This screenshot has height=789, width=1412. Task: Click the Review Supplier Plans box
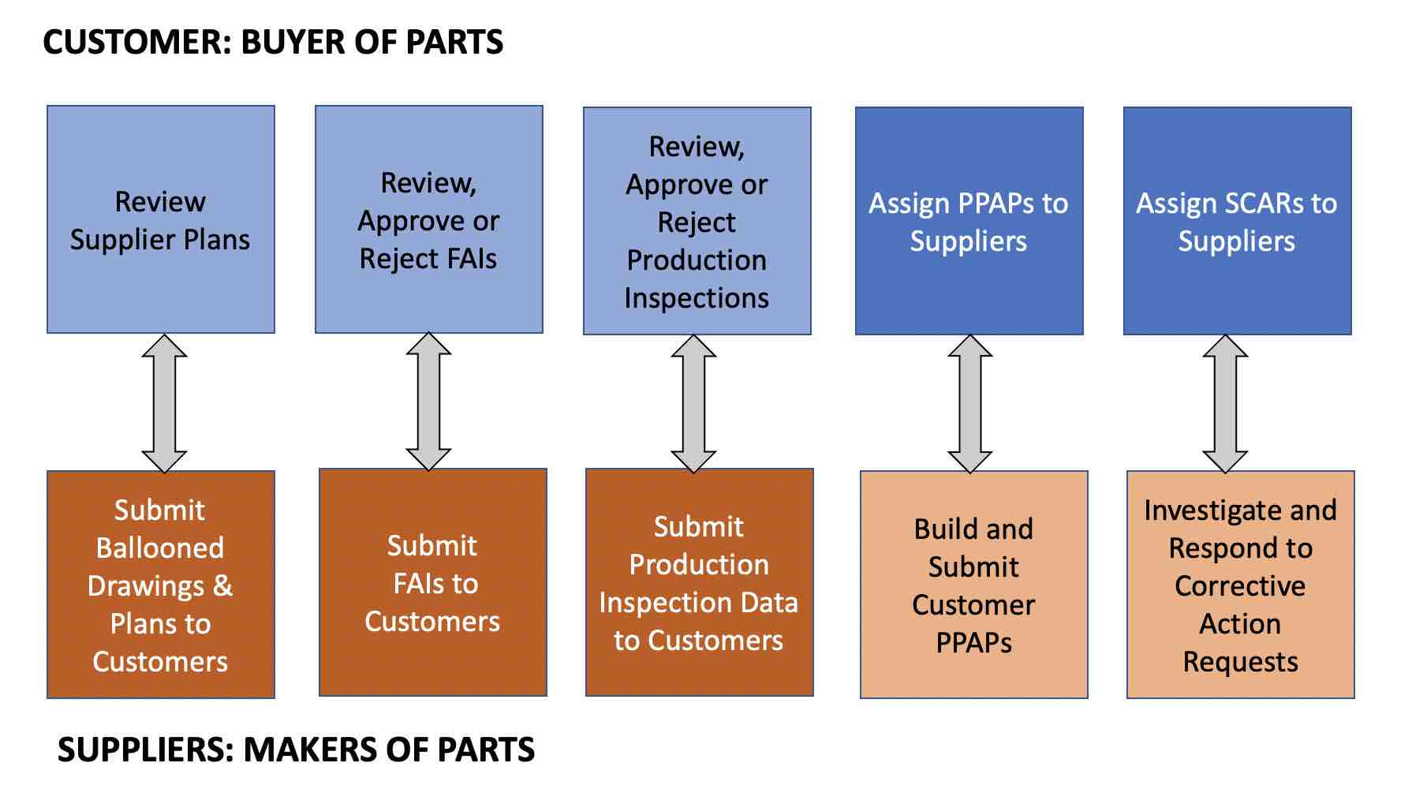[x=160, y=219]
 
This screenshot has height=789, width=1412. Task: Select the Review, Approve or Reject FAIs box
[x=428, y=219]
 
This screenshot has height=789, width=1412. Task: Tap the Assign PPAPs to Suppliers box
[x=969, y=221]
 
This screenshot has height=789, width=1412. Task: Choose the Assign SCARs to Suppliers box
[x=1237, y=221]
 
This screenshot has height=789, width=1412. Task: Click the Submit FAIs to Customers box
[x=432, y=582]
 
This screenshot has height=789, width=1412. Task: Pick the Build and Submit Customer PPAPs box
[x=973, y=585]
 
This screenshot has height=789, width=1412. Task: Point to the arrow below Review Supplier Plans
[x=164, y=403]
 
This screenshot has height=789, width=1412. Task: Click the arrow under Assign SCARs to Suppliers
[x=1225, y=404]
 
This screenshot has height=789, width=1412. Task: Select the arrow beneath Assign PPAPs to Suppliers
[x=969, y=404]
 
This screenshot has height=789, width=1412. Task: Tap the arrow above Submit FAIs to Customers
[x=428, y=402]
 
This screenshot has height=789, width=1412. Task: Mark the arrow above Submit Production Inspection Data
[x=693, y=404]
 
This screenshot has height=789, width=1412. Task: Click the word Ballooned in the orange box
[x=160, y=548]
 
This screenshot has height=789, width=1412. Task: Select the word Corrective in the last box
[x=1240, y=586]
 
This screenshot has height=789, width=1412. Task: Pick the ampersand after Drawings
[x=222, y=586]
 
